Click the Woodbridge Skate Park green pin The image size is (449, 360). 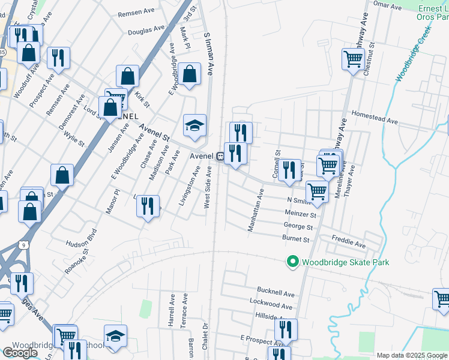pyautogui.click(x=292, y=262)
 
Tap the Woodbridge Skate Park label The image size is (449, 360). pyautogui.click(x=345, y=262)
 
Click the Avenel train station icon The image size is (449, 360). pyautogui.click(x=221, y=157)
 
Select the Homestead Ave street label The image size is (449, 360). pyautogui.click(x=375, y=116)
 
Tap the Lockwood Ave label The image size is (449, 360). pyautogui.click(x=274, y=306)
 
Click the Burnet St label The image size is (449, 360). pyautogui.click(x=295, y=239)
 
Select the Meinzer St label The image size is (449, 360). pyautogui.click(x=301, y=214)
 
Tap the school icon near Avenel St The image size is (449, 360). pyautogui.click(x=194, y=125)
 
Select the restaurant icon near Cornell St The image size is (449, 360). pyautogui.click(x=289, y=170)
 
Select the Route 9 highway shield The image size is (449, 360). pyautogui.click(x=23, y=245)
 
